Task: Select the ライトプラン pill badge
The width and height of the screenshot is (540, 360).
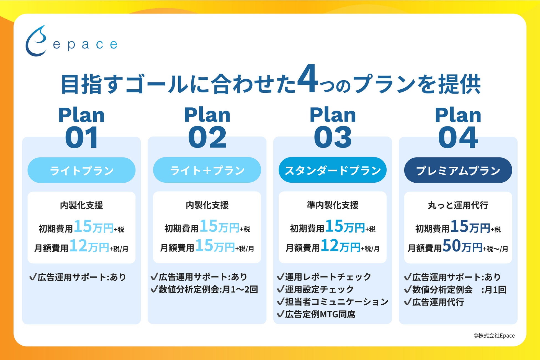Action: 81,170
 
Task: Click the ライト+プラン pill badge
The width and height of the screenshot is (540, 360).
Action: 207,170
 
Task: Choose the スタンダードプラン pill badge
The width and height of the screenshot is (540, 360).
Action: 333,170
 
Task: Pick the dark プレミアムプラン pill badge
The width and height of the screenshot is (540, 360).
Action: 458,170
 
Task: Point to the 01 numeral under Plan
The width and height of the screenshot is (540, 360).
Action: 81,137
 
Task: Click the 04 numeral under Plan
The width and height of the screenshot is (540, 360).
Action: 458,137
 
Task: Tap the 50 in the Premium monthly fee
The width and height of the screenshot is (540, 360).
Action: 451,245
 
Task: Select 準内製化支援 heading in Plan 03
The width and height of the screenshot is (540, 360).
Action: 333,205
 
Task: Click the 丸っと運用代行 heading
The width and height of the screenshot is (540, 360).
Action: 458,205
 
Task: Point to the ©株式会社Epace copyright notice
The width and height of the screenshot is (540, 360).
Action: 494,336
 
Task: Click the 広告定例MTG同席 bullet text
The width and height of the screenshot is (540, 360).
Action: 320,314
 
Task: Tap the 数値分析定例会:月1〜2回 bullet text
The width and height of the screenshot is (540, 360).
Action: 208,289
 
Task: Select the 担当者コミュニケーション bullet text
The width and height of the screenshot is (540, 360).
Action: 337,302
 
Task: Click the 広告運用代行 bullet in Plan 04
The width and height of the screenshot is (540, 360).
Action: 438,302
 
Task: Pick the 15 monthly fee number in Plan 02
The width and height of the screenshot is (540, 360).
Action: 204,245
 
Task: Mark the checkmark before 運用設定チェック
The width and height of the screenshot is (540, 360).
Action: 281,289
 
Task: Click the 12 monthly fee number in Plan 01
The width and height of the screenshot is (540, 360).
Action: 78,246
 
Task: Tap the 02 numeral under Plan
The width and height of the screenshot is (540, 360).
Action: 207,137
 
